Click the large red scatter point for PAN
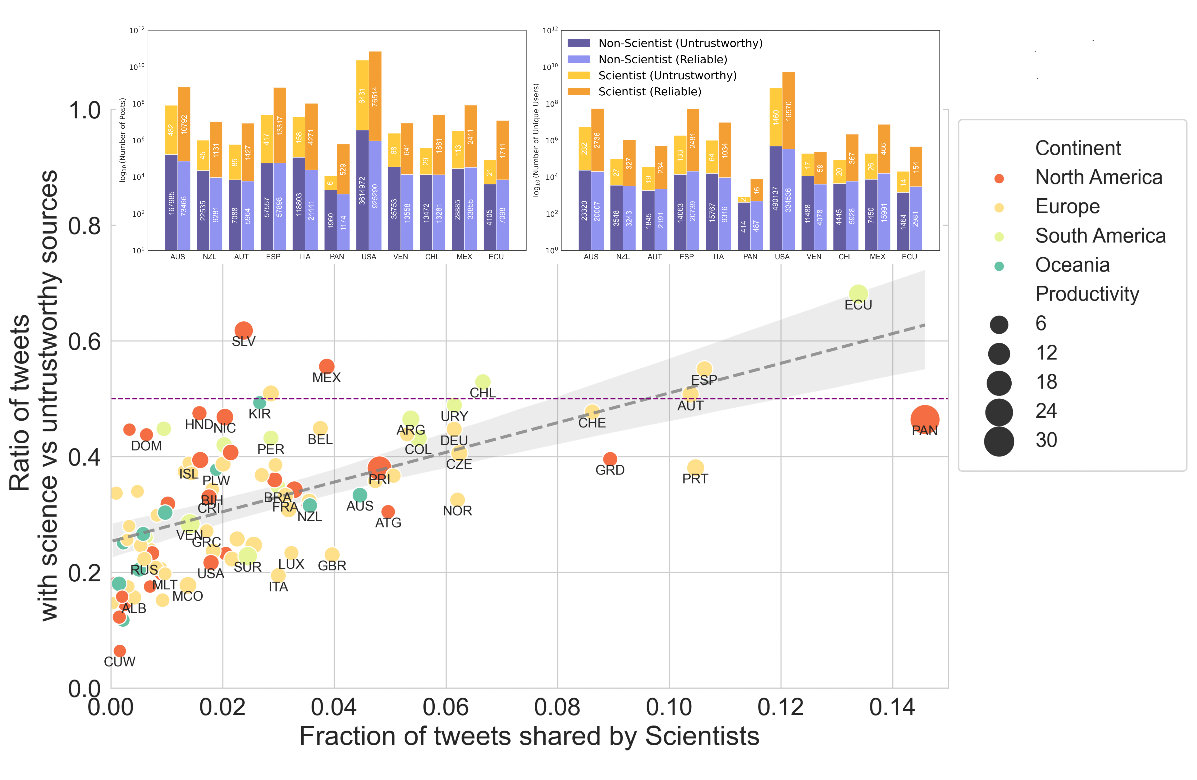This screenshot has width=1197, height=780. (924, 419)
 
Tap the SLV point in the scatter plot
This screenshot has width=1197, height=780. (243, 331)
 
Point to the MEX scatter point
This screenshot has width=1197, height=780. (326, 366)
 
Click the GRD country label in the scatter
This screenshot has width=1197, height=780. (610, 470)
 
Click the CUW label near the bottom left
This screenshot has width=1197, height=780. (120, 662)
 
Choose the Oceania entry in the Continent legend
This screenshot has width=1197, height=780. (1072, 265)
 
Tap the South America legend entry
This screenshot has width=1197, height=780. (1100, 236)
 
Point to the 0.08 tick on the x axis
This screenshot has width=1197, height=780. (557, 708)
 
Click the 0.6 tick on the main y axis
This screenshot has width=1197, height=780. (85, 342)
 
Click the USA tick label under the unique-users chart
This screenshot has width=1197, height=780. (782, 257)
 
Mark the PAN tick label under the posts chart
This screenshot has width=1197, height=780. (336, 257)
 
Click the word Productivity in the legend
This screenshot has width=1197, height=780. (1087, 294)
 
